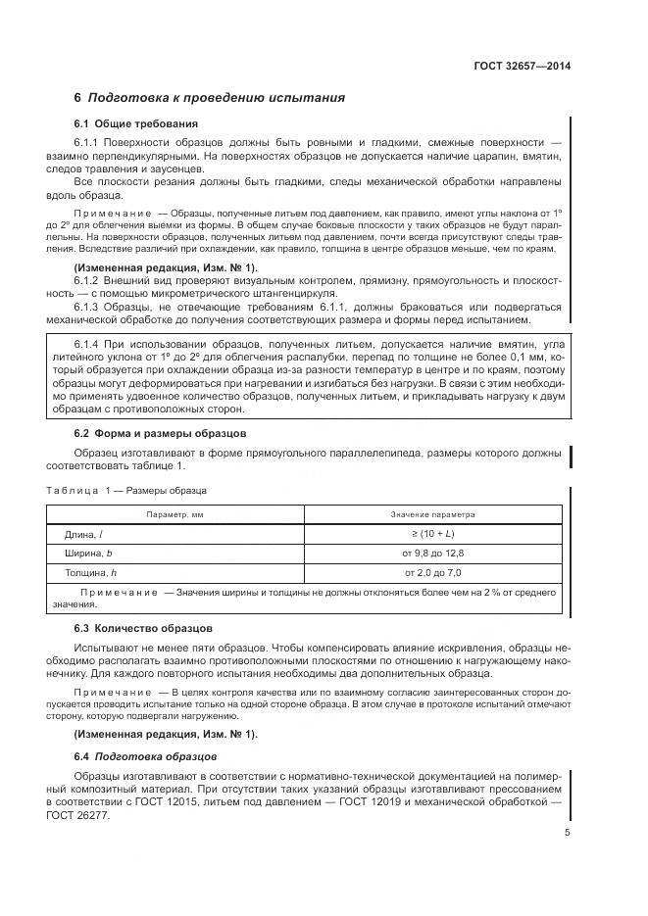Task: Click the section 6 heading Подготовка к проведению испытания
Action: pos(209,99)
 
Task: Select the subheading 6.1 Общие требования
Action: pos(136,124)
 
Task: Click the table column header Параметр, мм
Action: pos(175,513)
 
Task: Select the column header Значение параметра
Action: pos(433,513)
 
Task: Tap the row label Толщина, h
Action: pos(90,572)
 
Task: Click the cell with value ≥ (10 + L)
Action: pos(433,534)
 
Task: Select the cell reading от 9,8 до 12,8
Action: pos(433,554)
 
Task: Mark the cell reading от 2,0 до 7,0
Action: pos(433,572)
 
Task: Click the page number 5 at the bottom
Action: pos(567,833)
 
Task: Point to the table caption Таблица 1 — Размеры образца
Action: pos(126,489)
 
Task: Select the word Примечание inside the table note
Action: pos(119,594)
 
